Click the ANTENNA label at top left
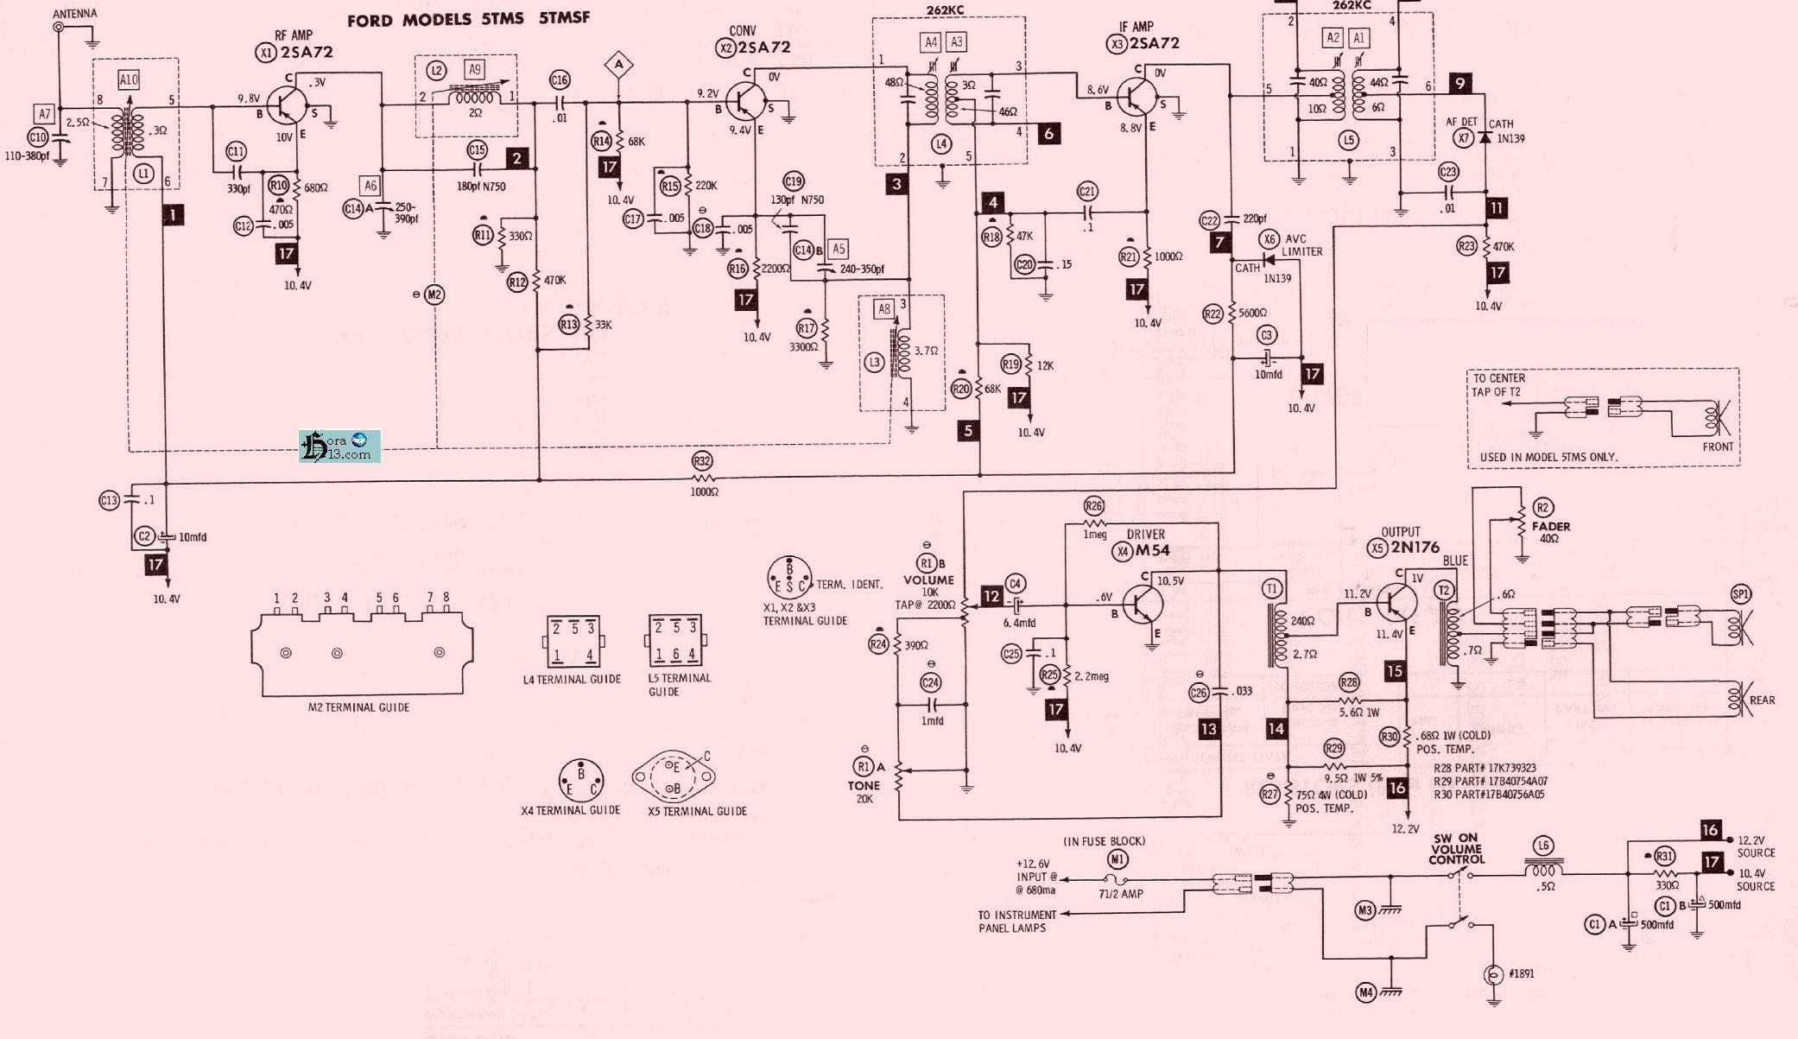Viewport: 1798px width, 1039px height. coord(75,14)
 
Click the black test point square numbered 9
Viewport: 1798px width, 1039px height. coord(1459,83)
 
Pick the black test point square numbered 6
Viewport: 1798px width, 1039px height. coord(1048,133)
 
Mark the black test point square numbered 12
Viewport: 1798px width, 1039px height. coord(991,596)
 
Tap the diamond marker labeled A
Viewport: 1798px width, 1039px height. coord(618,64)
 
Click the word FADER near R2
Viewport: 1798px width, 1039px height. coord(1551,526)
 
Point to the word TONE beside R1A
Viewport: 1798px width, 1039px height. coord(864,785)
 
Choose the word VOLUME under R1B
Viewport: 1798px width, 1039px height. coord(928,580)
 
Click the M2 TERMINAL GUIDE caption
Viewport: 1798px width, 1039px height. coord(358,707)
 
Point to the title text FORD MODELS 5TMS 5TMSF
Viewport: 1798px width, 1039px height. coord(468,19)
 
